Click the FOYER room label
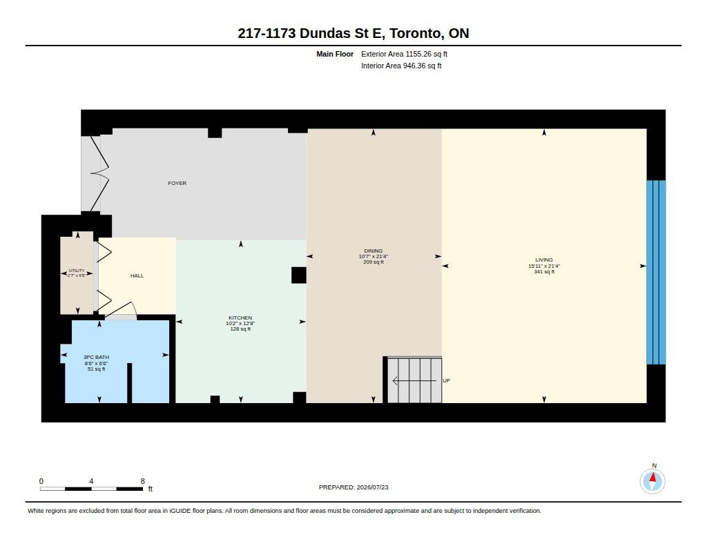click(177, 184)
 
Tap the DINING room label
click(374, 251)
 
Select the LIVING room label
click(544, 260)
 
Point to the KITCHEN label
click(240, 318)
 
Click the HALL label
click(137, 276)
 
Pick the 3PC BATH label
click(96, 357)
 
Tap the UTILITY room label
click(77, 271)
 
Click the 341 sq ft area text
click(544, 272)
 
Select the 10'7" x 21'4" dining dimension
click(374, 257)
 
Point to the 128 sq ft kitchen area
click(240, 329)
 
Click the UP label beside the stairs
click(447, 380)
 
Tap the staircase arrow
click(414, 381)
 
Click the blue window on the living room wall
click(656, 273)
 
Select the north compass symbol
click(652, 480)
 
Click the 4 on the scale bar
click(91, 481)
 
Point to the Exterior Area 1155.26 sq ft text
click(404, 54)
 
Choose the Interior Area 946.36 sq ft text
click(401, 66)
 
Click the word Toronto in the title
click(415, 33)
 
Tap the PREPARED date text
click(353, 487)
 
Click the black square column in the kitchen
click(298, 275)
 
